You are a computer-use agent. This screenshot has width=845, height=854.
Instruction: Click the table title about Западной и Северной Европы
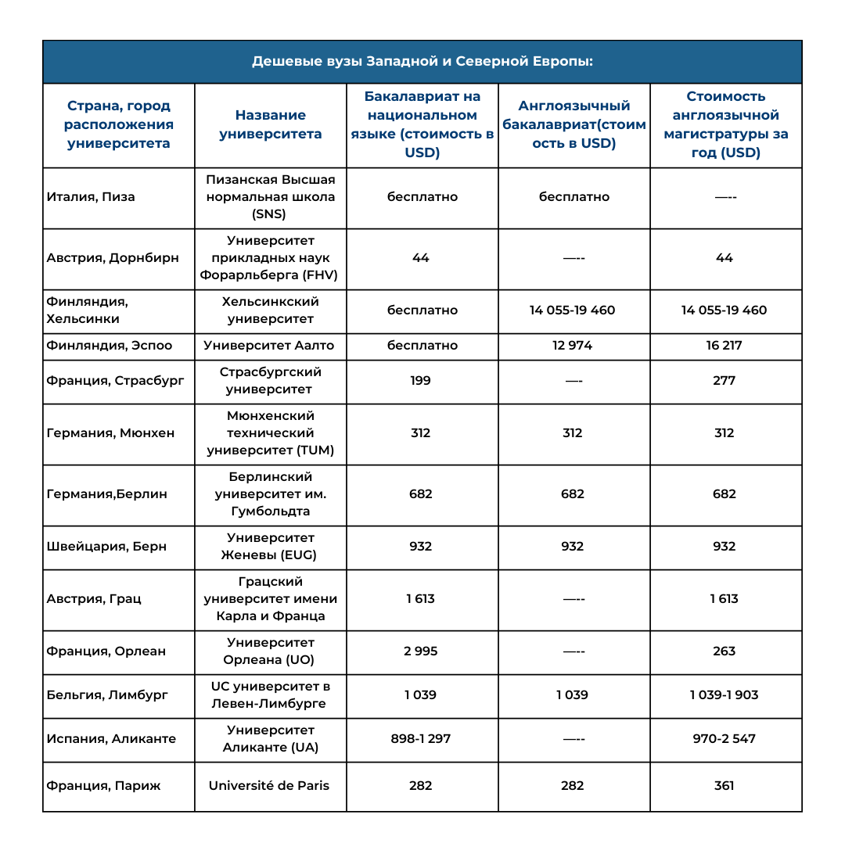tap(422, 62)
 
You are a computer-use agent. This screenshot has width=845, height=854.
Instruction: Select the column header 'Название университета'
tap(270, 124)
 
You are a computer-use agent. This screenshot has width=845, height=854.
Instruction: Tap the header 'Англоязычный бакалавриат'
tap(574, 124)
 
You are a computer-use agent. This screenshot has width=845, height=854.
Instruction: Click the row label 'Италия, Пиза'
tap(91, 197)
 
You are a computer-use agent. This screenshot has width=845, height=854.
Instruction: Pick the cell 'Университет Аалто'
tap(270, 346)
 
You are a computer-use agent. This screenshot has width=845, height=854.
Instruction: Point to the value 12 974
tap(573, 346)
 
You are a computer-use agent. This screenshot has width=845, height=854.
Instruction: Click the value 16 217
tap(725, 346)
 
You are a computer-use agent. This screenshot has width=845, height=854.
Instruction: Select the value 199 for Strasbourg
tap(421, 381)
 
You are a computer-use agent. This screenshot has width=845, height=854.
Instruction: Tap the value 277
tap(725, 381)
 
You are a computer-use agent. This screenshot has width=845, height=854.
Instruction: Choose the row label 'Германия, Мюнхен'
tap(110, 433)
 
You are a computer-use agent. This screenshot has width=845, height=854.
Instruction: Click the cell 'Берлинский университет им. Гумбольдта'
tap(270, 494)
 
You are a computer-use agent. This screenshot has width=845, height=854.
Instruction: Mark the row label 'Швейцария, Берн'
tap(106, 547)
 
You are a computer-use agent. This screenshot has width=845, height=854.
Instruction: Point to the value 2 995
tap(421, 651)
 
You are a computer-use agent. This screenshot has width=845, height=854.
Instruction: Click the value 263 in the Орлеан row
tap(725, 651)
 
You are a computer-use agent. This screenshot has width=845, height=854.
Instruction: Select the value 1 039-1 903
tap(725, 695)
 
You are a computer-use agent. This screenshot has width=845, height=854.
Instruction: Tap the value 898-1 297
tap(421, 739)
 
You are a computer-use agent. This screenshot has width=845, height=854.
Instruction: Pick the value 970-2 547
tap(725, 739)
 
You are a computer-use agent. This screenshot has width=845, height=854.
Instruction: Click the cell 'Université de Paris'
tap(269, 786)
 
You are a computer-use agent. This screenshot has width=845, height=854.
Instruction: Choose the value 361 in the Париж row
tap(725, 786)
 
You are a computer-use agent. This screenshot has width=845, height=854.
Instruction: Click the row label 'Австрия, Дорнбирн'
tap(113, 258)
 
